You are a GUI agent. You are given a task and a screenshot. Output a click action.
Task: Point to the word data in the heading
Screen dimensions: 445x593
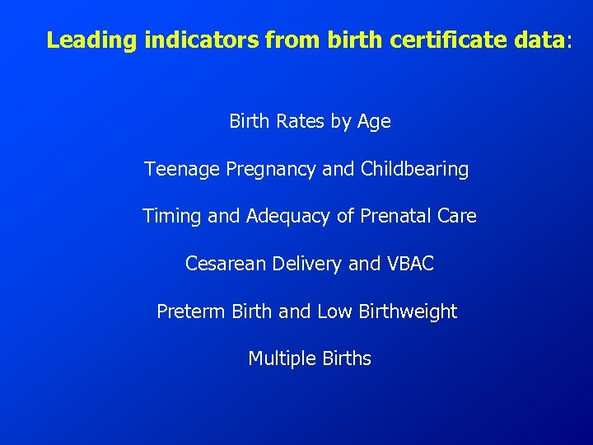tap(540, 40)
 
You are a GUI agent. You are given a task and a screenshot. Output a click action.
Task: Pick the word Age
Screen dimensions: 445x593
tap(374, 123)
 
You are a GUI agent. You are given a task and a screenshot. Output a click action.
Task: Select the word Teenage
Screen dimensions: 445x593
tap(180, 170)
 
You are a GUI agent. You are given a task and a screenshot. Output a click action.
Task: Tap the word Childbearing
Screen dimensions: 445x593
tap(415, 170)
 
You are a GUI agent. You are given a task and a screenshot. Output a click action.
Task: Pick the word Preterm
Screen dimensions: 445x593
tap(191, 311)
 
